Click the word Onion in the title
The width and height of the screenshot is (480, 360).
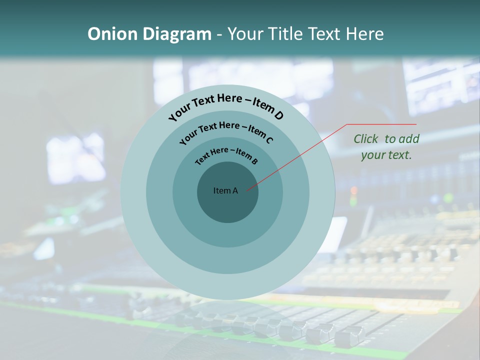[x=106, y=34]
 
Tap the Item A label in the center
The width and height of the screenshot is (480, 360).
[x=225, y=190]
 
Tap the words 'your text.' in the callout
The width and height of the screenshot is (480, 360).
[x=386, y=155]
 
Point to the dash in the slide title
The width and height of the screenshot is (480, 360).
[x=219, y=34]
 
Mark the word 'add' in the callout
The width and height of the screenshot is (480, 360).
[x=409, y=139]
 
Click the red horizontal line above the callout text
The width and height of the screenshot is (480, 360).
[x=381, y=124]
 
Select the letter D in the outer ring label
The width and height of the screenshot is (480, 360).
[x=278, y=115]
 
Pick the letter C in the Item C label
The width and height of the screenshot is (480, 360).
[x=269, y=139]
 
